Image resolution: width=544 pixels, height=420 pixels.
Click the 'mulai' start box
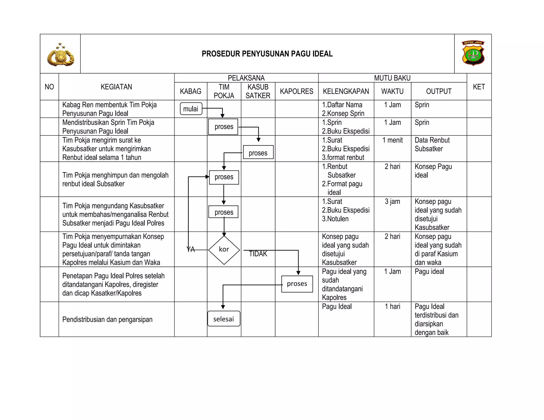[191, 109]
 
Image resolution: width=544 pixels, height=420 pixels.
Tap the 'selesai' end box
[224, 319]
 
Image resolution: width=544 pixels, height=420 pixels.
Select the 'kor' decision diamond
[224, 250]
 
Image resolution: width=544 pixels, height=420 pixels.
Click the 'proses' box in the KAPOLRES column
[297, 284]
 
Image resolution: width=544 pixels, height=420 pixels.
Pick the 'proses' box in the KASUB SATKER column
[258, 153]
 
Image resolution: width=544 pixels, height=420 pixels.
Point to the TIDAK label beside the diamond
[258, 254]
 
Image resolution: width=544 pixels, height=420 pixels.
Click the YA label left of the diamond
[191, 250]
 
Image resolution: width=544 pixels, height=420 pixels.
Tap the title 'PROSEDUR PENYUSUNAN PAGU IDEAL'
[267, 54]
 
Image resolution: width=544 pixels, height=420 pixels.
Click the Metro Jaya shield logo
[473, 53]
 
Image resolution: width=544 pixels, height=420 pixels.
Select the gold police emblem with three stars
[61, 55]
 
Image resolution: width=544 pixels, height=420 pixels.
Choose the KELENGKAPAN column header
[346, 91]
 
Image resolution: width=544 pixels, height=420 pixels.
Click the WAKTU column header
[392, 91]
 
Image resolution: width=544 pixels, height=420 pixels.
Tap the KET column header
[479, 87]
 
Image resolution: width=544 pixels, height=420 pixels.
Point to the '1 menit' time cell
[392, 140]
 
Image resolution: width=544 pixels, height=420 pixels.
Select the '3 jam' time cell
[392, 202]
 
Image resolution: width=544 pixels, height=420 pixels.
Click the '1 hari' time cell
[392, 307]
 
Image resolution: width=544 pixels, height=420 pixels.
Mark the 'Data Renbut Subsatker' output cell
[432, 144]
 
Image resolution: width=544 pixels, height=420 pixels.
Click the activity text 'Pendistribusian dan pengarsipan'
[107, 319]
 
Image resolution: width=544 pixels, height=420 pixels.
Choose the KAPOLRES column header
[296, 91]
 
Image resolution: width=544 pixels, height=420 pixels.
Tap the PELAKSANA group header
[246, 78]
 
